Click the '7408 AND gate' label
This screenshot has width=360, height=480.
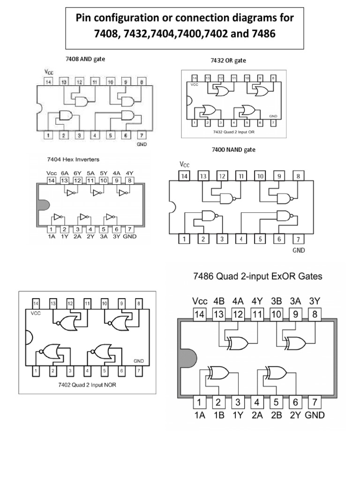coord(85,60)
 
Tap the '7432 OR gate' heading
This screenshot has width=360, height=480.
coord(228,60)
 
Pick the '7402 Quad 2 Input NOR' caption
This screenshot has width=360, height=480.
coord(86,385)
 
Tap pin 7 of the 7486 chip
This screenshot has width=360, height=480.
coord(314,402)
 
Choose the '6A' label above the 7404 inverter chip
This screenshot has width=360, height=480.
coord(64,172)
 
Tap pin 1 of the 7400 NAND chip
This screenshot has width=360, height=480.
coord(185,239)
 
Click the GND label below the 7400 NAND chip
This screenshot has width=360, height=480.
coord(299,250)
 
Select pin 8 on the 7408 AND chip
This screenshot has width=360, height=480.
coord(141,82)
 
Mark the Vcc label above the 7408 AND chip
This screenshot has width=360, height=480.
coord(49,72)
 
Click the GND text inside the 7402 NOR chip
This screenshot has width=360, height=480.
coord(139,361)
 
